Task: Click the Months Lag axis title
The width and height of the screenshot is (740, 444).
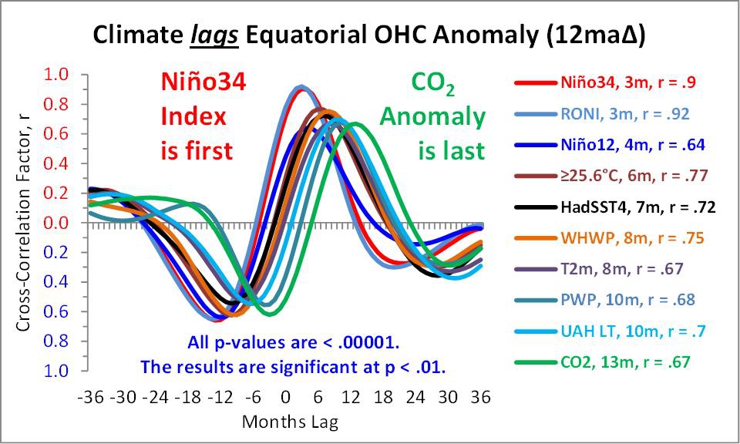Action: pos(290,422)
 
